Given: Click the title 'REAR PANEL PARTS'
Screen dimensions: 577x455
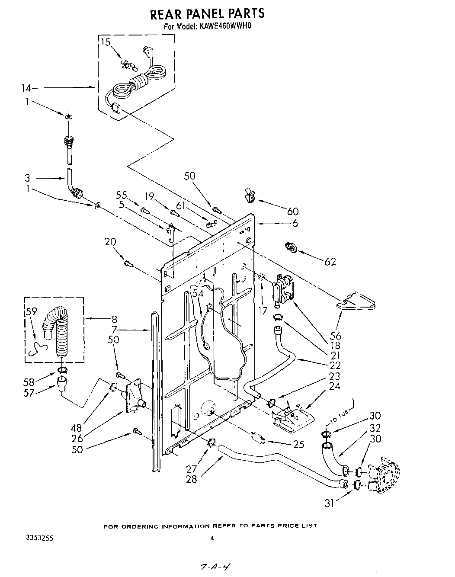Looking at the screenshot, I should tap(207, 14).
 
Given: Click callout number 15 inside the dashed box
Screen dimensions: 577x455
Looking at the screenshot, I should tap(106, 42).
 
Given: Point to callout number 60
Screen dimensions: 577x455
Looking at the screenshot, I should tap(293, 211).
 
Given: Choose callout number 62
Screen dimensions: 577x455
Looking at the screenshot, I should tap(330, 262).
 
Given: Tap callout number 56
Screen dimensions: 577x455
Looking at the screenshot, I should tap(335, 336).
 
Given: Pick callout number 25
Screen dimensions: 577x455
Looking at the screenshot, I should tap(298, 444).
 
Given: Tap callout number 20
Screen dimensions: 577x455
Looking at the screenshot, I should tap(110, 242).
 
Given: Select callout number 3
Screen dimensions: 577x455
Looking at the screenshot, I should tap(27, 178).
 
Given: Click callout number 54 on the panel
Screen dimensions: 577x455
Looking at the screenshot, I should tap(198, 293).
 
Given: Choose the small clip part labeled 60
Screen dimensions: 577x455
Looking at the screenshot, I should tap(250, 195).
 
